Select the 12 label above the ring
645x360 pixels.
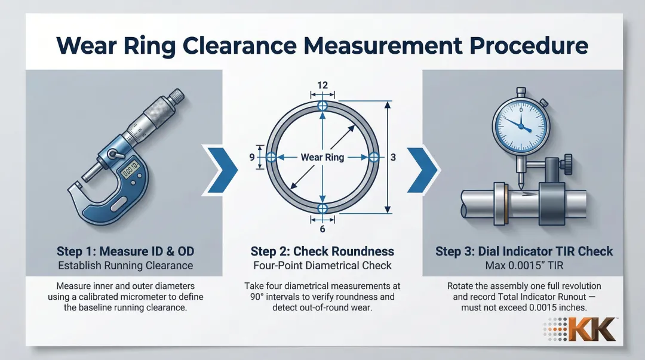(x=322, y=85)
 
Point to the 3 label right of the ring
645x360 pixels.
(x=393, y=157)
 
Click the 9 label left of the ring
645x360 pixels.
(x=253, y=157)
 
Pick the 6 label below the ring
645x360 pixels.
(x=322, y=229)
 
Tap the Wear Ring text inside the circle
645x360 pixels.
(x=322, y=157)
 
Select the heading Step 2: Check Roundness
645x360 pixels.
(x=322, y=251)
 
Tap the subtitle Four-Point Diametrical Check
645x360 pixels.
(x=322, y=265)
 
